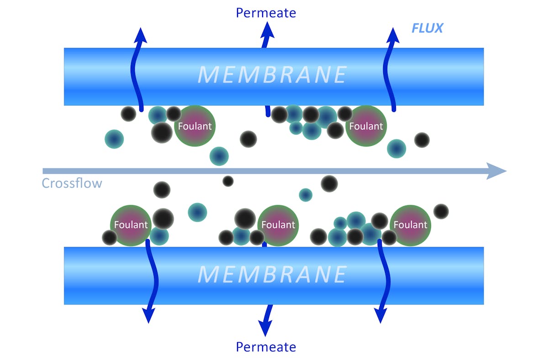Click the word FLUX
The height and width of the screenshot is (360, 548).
[x=427, y=28]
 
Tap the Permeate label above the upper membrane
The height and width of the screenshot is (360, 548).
[x=266, y=12]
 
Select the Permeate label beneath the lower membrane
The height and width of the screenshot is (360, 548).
[x=266, y=347]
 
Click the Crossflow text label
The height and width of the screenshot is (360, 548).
[x=72, y=183]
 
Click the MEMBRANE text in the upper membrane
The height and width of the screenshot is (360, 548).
[x=272, y=75]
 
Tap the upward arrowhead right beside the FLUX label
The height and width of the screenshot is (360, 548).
[x=392, y=36]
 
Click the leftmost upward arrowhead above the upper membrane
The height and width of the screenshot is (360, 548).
[x=141, y=36]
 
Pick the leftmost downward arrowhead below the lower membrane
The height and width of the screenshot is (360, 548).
[x=148, y=315]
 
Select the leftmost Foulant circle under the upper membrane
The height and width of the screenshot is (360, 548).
[x=195, y=126]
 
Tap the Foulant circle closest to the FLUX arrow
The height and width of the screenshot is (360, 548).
[x=366, y=126]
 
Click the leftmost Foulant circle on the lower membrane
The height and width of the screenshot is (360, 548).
[x=131, y=225]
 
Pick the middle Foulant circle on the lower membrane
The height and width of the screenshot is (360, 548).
[x=278, y=225]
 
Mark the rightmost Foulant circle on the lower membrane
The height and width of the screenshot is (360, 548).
[x=410, y=225]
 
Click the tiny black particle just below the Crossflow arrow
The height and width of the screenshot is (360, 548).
[x=228, y=181]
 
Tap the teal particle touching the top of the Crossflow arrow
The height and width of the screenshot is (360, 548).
[x=219, y=156]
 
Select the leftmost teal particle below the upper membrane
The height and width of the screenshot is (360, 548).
[x=114, y=139]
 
